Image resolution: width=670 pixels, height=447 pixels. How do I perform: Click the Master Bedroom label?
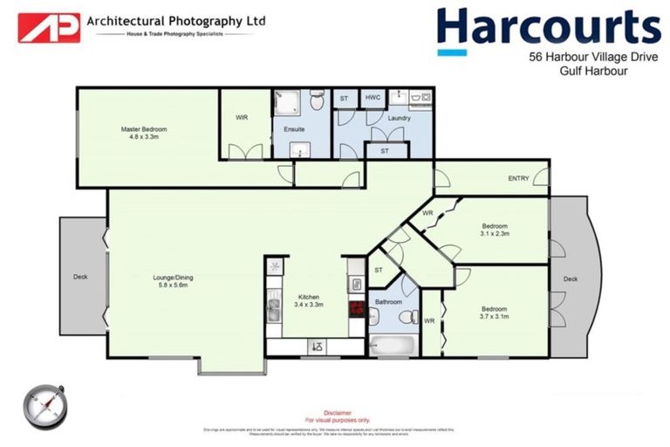click(x=144, y=129)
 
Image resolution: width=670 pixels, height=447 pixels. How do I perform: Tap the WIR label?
click(x=243, y=118)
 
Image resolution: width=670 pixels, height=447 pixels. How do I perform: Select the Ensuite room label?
click(x=294, y=129)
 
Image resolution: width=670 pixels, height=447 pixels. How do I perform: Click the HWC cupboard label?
click(x=372, y=97)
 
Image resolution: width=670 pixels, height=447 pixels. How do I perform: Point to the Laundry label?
click(x=399, y=118)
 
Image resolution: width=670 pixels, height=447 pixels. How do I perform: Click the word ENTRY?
click(x=518, y=178)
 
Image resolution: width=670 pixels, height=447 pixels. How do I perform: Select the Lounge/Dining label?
click(x=173, y=278)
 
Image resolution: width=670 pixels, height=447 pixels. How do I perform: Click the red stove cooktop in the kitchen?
click(x=356, y=307)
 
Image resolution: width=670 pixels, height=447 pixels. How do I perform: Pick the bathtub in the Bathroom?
click(x=393, y=345)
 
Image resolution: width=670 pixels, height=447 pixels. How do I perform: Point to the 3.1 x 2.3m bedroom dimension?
click(x=495, y=233)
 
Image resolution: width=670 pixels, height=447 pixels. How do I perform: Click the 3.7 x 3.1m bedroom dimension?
click(x=494, y=316)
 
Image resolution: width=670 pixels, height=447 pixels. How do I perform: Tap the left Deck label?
click(x=80, y=278)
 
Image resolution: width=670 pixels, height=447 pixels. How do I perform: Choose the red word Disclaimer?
click(x=338, y=412)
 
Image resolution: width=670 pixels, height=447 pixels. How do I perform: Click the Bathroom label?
click(x=387, y=302)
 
